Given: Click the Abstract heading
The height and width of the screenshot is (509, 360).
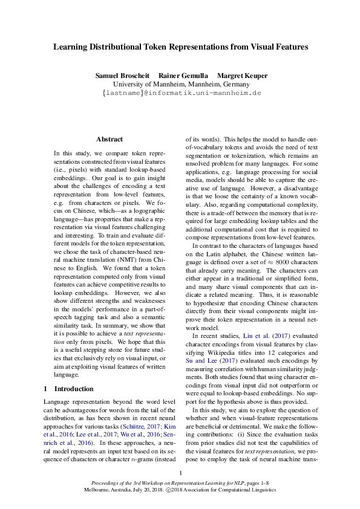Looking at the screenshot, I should (x=110, y=139).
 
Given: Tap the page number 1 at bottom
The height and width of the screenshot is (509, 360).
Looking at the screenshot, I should (x=180, y=473).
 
